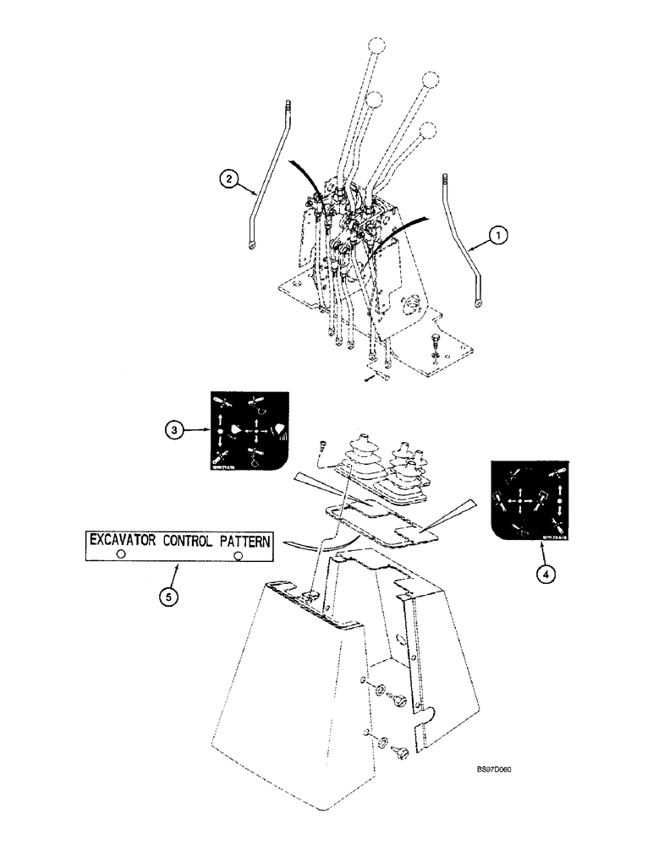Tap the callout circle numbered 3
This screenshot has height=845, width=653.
[x=173, y=429]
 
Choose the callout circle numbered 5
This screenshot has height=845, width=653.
[x=169, y=597]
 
